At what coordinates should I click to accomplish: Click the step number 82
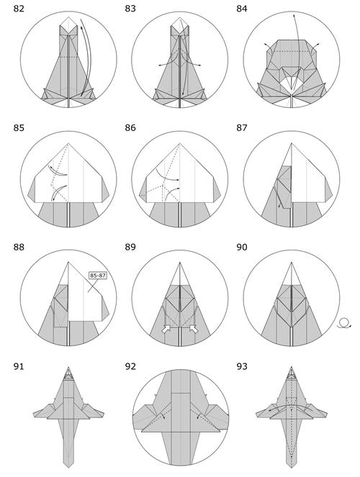point(19,9)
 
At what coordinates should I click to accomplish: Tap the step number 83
point(130,9)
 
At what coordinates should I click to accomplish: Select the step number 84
point(242,9)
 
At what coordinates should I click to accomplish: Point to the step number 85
point(19,128)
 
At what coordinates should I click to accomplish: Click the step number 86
point(130,128)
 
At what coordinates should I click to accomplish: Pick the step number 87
point(242,128)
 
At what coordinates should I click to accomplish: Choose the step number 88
point(19,247)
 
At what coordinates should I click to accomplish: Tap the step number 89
point(130,247)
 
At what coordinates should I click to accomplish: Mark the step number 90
point(242,247)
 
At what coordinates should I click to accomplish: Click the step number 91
point(19,366)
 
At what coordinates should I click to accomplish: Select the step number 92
point(130,366)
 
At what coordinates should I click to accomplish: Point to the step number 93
point(242,366)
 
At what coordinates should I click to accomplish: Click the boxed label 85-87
point(98,276)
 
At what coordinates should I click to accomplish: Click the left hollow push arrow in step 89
point(166,329)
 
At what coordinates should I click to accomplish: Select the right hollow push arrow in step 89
point(194,329)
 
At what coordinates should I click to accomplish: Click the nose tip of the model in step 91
point(68,367)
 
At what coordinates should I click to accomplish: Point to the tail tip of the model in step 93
point(292,467)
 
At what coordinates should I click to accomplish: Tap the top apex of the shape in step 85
point(68,143)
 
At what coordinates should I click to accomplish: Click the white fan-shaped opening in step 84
point(292,83)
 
